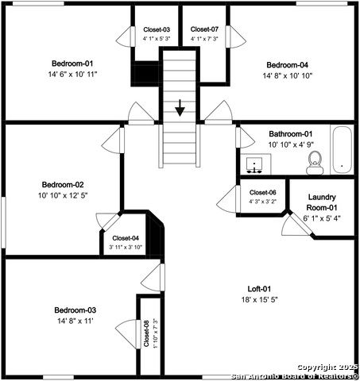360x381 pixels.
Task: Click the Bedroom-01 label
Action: pyautogui.click(x=72, y=63)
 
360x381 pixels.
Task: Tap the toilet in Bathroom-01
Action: pyautogui.click(x=315, y=163)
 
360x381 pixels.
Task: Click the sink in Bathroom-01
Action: pyautogui.click(x=254, y=165)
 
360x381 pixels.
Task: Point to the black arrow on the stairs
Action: pyautogui.click(x=180, y=108)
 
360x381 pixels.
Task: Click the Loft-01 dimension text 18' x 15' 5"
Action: pyautogui.click(x=259, y=300)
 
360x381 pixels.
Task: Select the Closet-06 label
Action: pyautogui.click(x=263, y=192)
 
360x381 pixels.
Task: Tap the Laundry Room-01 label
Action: pyautogui.click(x=322, y=202)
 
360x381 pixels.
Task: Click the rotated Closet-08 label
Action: pyautogui.click(x=146, y=333)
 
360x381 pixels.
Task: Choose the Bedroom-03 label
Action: pyautogui.click(x=75, y=310)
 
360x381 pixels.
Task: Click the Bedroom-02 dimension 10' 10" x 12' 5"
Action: pyautogui.click(x=63, y=195)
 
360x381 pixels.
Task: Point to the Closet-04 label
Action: pyautogui.click(x=126, y=238)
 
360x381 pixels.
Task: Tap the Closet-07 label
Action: pyautogui.click(x=204, y=29)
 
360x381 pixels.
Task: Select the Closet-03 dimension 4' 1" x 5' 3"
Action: pyautogui.click(x=157, y=39)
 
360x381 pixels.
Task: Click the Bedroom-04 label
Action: pyautogui.click(x=288, y=65)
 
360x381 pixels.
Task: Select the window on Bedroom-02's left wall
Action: pyautogui.click(x=3, y=222)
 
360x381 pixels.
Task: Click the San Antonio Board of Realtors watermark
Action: pyautogui.click(x=295, y=376)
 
